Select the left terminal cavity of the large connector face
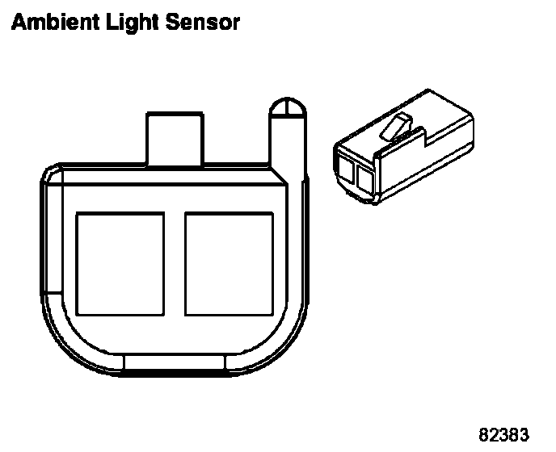click(x=120, y=262)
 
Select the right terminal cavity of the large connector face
click(x=230, y=262)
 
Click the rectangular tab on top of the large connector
click(x=174, y=137)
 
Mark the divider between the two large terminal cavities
click(x=175, y=262)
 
